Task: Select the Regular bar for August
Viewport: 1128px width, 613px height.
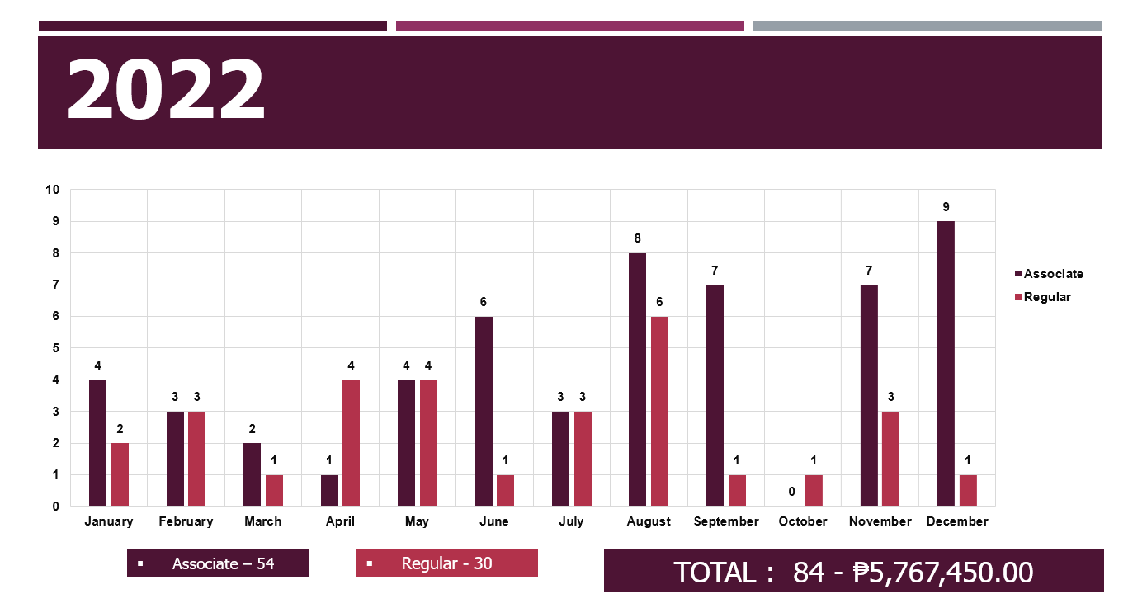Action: pos(659,411)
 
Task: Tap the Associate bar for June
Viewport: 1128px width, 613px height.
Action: pos(484,411)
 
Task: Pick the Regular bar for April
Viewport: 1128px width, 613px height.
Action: pos(351,442)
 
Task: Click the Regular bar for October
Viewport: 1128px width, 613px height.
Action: pos(814,490)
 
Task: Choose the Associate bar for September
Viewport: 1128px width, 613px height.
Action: pos(715,395)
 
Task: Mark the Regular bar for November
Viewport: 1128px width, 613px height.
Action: pos(890,459)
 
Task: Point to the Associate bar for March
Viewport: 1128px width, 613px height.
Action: pos(253,474)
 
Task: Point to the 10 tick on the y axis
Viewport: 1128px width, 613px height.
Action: pos(53,190)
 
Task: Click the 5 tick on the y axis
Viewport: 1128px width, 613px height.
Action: pos(56,348)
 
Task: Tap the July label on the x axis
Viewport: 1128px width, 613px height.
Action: pos(571,521)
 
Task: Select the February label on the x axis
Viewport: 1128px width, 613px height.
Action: pos(186,521)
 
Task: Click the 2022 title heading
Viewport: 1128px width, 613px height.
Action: pos(166,91)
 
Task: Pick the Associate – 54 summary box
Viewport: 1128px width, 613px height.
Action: pos(218,563)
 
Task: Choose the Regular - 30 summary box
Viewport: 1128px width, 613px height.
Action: pos(446,563)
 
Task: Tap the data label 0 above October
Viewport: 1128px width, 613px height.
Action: pos(791,492)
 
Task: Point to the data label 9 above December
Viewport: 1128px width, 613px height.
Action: pos(946,207)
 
